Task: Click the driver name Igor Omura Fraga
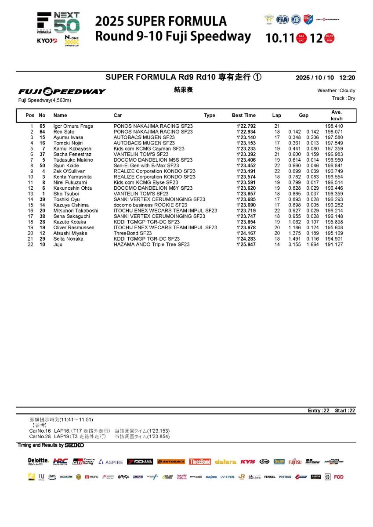tap(73, 126)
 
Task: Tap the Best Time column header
tap(244, 116)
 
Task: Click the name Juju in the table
tap(58, 245)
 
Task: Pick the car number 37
tap(43, 155)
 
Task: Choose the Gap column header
tap(304, 116)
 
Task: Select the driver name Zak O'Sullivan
tap(69, 171)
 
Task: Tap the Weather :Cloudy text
tap(336, 90)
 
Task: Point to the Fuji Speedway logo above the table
tap(62, 91)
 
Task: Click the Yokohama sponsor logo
tap(140, 462)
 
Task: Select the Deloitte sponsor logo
tap(38, 461)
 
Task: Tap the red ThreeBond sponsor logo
tap(200, 462)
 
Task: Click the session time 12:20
tap(347, 78)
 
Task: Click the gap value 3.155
tap(294, 245)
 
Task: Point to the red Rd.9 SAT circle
tap(301, 38)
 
